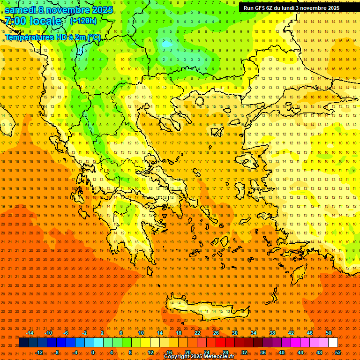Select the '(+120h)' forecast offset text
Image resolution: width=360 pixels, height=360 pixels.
[83, 21]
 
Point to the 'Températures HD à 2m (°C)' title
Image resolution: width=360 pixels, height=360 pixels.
[52, 37]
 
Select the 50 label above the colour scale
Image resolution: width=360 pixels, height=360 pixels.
[329, 333]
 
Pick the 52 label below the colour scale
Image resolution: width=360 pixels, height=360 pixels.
[338, 352]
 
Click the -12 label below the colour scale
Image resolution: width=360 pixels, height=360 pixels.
[39, 352]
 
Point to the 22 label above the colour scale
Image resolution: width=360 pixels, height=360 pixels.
[197, 333]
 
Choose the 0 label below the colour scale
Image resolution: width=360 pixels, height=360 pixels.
[92, 352]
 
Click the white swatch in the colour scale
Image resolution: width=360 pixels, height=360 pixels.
[333, 343]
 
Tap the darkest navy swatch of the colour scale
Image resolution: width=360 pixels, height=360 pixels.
[24, 343]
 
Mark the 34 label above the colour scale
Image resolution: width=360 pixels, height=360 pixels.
[254, 333]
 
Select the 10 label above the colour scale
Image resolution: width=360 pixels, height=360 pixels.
[141, 333]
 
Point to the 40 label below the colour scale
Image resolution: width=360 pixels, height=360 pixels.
[282, 352]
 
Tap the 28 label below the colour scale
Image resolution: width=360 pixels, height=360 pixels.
[225, 352]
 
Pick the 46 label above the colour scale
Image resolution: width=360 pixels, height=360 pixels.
[310, 333]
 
